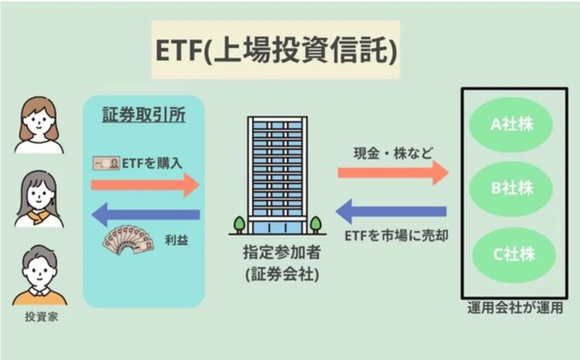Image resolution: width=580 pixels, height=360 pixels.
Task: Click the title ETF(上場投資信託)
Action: tap(275, 50)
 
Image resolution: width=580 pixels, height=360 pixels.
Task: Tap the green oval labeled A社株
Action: tap(512, 125)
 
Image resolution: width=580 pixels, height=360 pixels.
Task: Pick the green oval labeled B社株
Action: tap(512, 189)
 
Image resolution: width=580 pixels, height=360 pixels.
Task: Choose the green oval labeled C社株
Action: tap(512, 254)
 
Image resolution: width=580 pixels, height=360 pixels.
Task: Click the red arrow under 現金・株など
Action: tap(393, 172)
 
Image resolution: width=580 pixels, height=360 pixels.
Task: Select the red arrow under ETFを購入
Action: tap(145, 185)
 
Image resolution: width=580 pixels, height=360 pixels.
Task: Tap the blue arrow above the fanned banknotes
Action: tap(145, 214)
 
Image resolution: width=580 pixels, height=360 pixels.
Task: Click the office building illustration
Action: tap(277, 174)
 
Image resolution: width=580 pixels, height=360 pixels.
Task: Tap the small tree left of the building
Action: tap(239, 225)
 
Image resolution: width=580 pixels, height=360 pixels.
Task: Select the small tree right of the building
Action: tap(316, 225)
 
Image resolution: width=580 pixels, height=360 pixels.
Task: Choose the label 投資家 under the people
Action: tap(38, 318)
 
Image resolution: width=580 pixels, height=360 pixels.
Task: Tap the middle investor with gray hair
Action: tap(39, 199)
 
